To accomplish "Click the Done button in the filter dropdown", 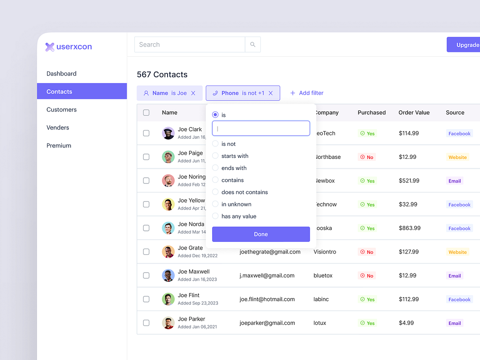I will click(261, 234).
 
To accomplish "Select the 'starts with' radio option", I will click(216, 156).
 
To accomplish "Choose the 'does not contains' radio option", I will click(216, 192).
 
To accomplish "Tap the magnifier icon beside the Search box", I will click(252, 45).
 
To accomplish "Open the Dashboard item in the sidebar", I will click(61, 73).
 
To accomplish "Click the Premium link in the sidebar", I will click(59, 145).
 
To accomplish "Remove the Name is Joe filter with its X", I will click(193, 93).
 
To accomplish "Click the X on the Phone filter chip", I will click(271, 93).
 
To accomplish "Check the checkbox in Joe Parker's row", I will click(146, 323).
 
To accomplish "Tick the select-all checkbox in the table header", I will click(146, 113).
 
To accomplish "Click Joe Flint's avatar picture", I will click(168, 299).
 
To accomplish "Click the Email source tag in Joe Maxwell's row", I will click(455, 276).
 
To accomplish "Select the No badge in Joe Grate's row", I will click(366, 252).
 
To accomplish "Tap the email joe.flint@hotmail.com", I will click(267, 299).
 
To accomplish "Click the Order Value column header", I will click(414, 113).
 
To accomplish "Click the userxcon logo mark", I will click(50, 47).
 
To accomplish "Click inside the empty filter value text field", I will click(261, 129).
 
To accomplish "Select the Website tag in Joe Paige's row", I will click(457, 157).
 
